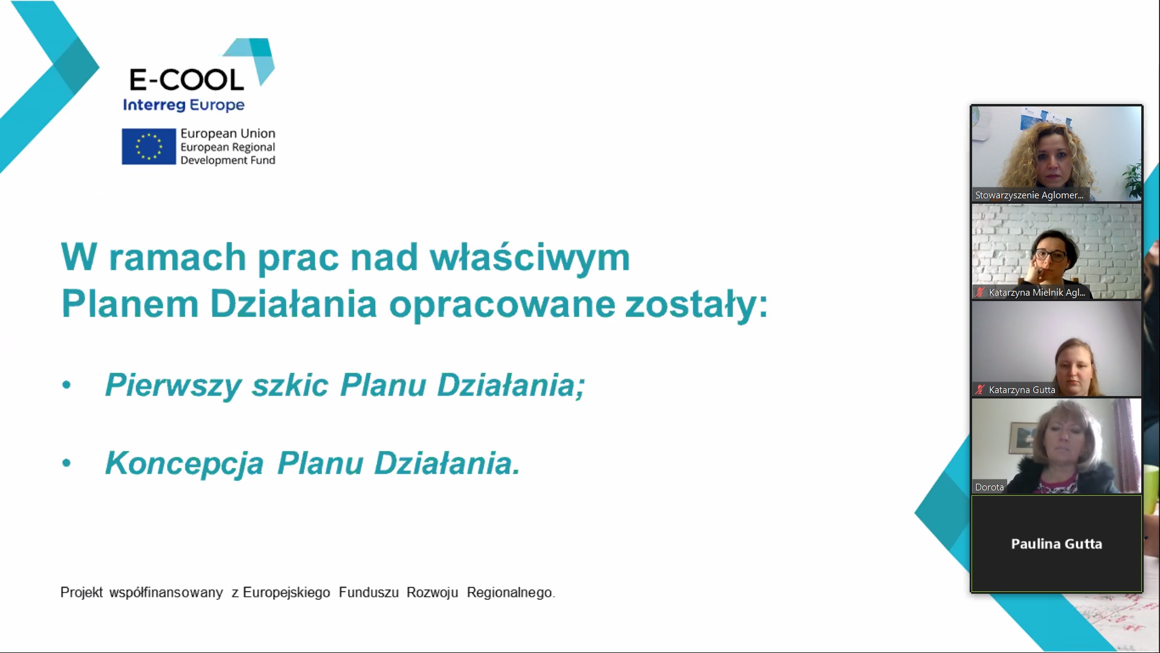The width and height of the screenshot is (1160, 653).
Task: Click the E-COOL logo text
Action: tap(187, 79)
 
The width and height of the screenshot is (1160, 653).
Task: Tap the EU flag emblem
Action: tap(149, 146)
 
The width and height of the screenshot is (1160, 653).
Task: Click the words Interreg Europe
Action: tap(184, 105)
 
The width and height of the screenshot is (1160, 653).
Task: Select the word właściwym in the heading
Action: tap(530, 258)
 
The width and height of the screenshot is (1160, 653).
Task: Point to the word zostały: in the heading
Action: tap(696, 304)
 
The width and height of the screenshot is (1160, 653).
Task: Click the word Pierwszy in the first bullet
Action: tap(173, 386)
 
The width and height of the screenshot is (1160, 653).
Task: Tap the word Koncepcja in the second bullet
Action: tap(184, 464)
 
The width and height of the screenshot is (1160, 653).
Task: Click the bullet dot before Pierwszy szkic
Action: tap(66, 385)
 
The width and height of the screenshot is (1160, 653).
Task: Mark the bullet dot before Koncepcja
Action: tap(66, 463)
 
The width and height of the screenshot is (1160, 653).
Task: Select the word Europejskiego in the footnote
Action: tap(286, 593)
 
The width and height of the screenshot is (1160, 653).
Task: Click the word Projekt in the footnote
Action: tap(82, 593)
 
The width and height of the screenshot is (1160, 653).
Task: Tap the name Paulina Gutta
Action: tap(1057, 544)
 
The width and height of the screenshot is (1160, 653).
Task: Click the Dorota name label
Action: tap(989, 487)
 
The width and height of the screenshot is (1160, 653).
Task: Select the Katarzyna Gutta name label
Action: tap(1022, 390)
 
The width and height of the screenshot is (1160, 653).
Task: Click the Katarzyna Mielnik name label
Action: tap(1037, 293)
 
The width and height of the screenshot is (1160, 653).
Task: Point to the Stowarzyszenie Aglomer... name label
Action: tap(1029, 195)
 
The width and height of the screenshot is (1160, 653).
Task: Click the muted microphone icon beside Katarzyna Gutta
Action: tap(980, 390)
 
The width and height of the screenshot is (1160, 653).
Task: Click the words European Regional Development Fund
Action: tap(228, 154)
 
